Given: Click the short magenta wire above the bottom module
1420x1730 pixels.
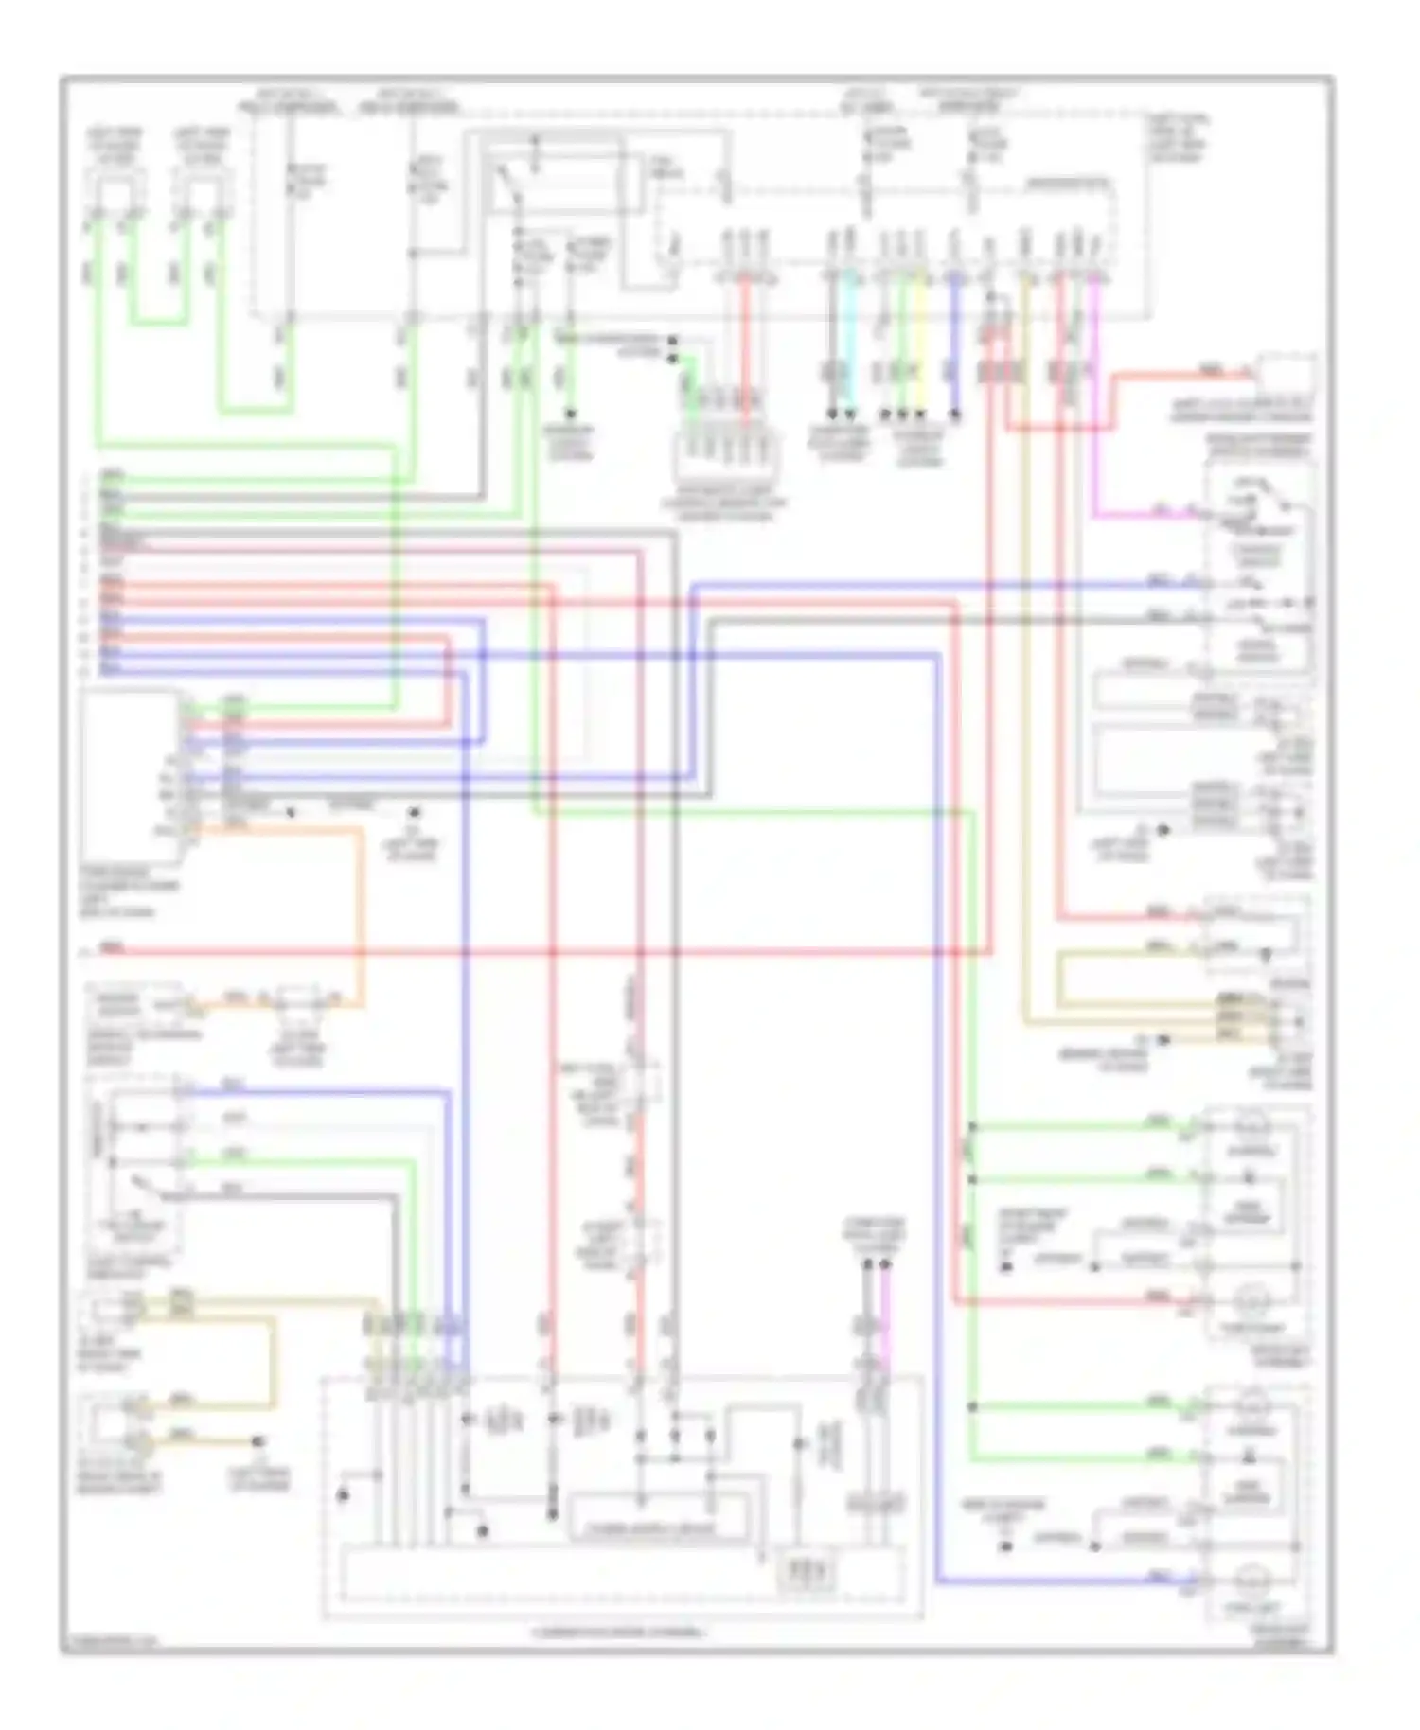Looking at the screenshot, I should click(x=886, y=1315).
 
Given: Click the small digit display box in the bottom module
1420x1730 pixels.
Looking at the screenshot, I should click(x=806, y=1572).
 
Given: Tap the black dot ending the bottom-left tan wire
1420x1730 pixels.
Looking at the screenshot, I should click(x=257, y=1442).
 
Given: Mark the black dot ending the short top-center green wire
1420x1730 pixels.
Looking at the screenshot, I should click(x=570, y=415).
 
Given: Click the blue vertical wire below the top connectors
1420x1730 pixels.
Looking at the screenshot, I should click(x=954, y=341).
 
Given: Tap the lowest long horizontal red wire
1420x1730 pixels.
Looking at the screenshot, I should click(x=530, y=951).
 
